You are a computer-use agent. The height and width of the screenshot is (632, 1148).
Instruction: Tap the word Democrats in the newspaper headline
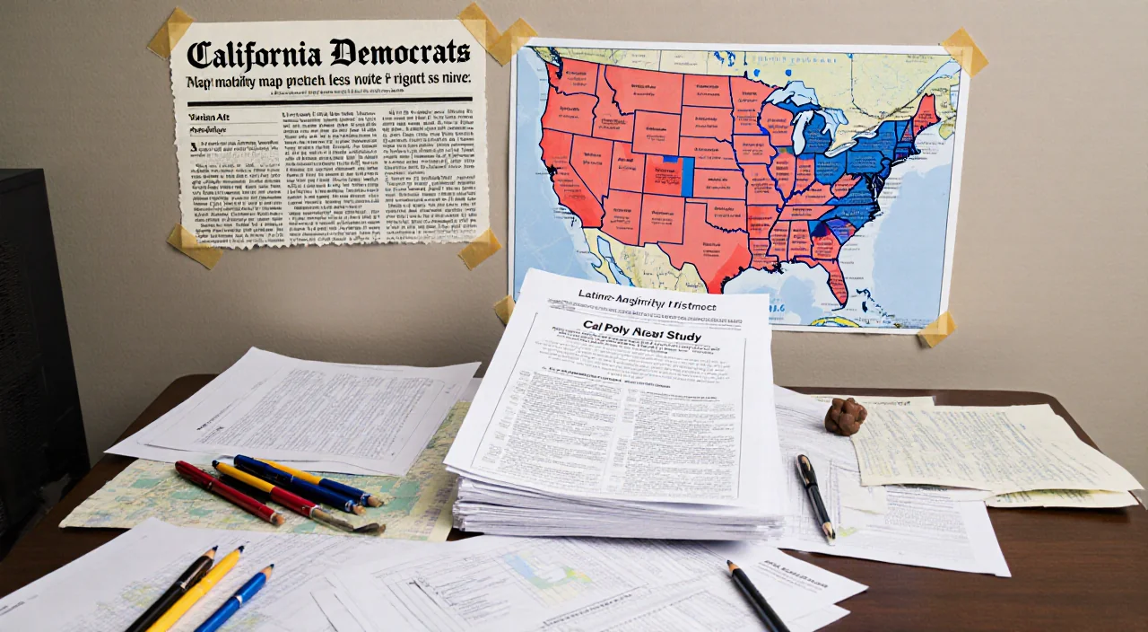pos(398,53)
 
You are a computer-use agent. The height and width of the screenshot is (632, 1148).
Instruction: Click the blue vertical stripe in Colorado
pos(687,176)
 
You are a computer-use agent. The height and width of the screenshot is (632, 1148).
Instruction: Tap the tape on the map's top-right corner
pos(963,52)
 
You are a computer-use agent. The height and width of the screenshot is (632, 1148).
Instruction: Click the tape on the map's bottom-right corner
pos(936,330)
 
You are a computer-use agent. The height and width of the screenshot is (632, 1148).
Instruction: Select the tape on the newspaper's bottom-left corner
pos(194,246)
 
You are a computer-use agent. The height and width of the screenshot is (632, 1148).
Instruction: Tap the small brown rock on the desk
pos(845,417)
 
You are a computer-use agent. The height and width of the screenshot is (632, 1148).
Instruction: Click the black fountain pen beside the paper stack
pos(814,495)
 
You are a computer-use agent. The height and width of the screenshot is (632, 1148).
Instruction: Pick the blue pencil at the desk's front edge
pos(235,599)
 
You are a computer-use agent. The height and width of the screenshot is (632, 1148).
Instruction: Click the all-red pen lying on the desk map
pos(229,493)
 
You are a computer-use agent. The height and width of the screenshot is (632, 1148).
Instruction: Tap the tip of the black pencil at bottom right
pos(731,565)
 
